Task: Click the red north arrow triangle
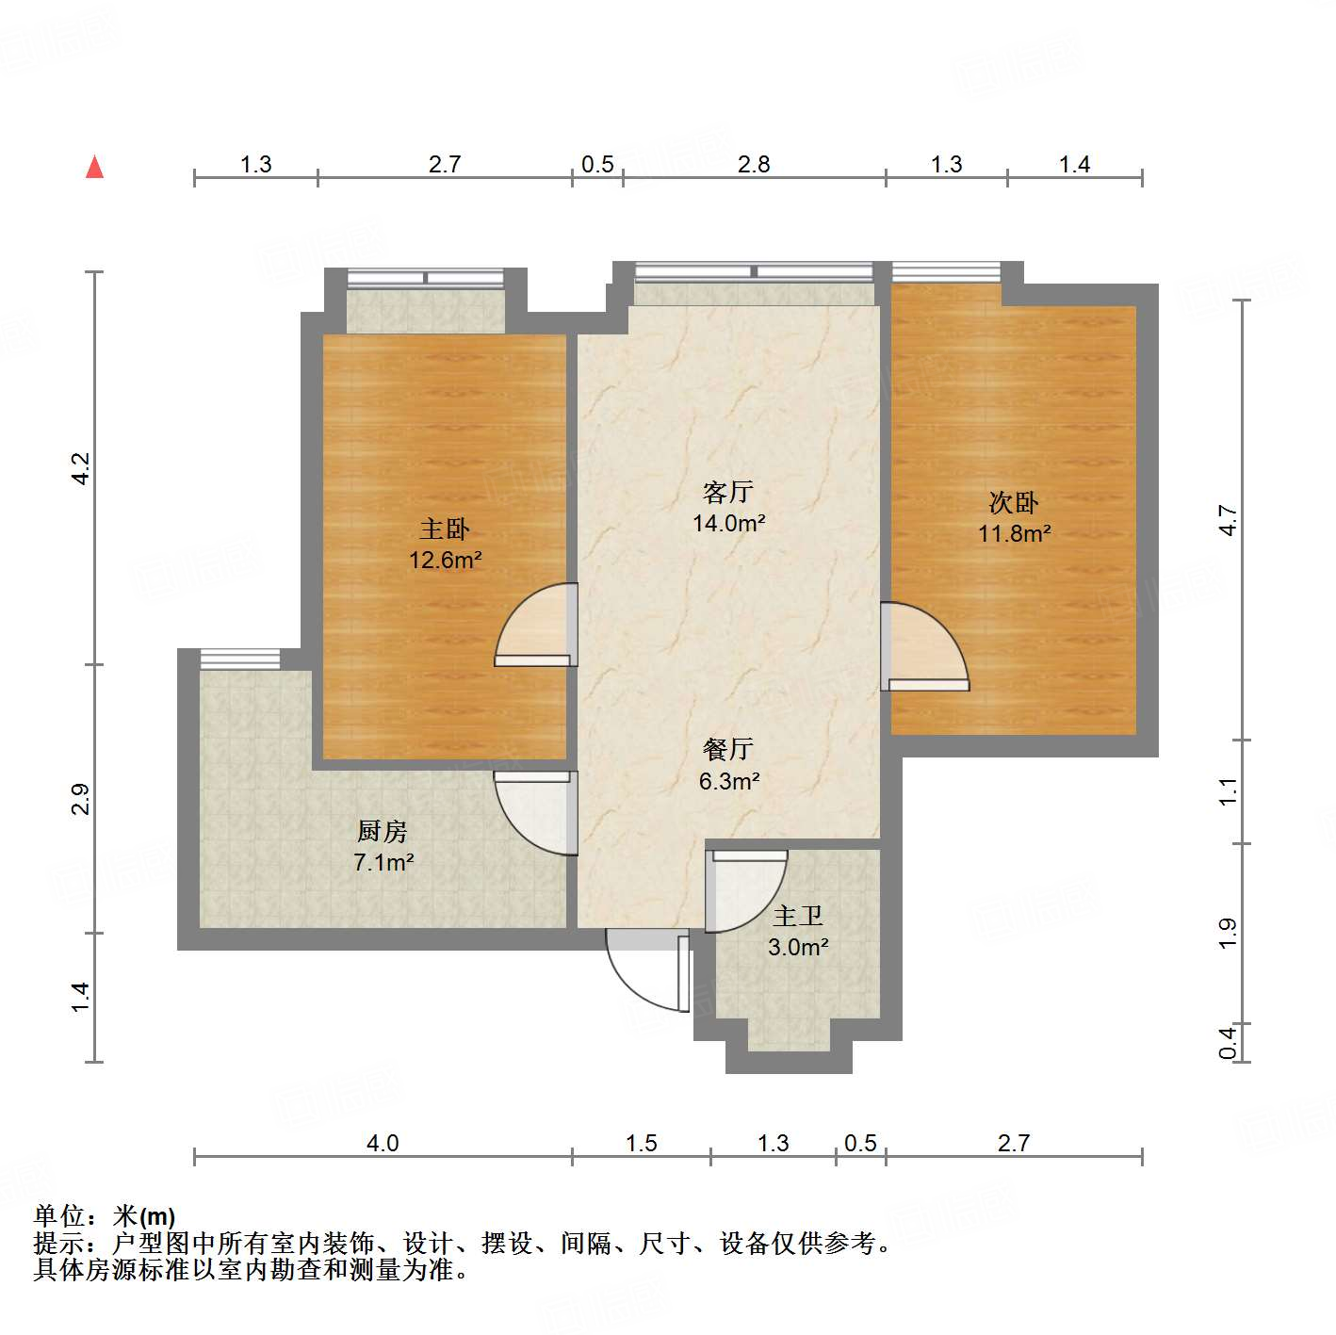point(94,167)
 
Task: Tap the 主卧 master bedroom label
point(445,529)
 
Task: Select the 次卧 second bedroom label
point(1014,502)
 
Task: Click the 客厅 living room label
point(728,492)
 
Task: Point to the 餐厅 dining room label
point(728,749)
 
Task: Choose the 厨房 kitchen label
point(383,831)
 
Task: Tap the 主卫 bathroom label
point(798,916)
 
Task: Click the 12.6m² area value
point(445,561)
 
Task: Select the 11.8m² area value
point(1014,534)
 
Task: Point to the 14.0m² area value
point(728,523)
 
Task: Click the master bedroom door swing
point(536,627)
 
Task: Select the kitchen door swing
point(535,812)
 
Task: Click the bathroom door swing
point(746,890)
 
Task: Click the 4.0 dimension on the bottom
point(383,1143)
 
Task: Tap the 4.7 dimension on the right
point(1227,520)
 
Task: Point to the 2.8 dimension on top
point(754,165)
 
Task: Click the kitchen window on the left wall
point(240,659)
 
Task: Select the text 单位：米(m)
point(105,1216)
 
